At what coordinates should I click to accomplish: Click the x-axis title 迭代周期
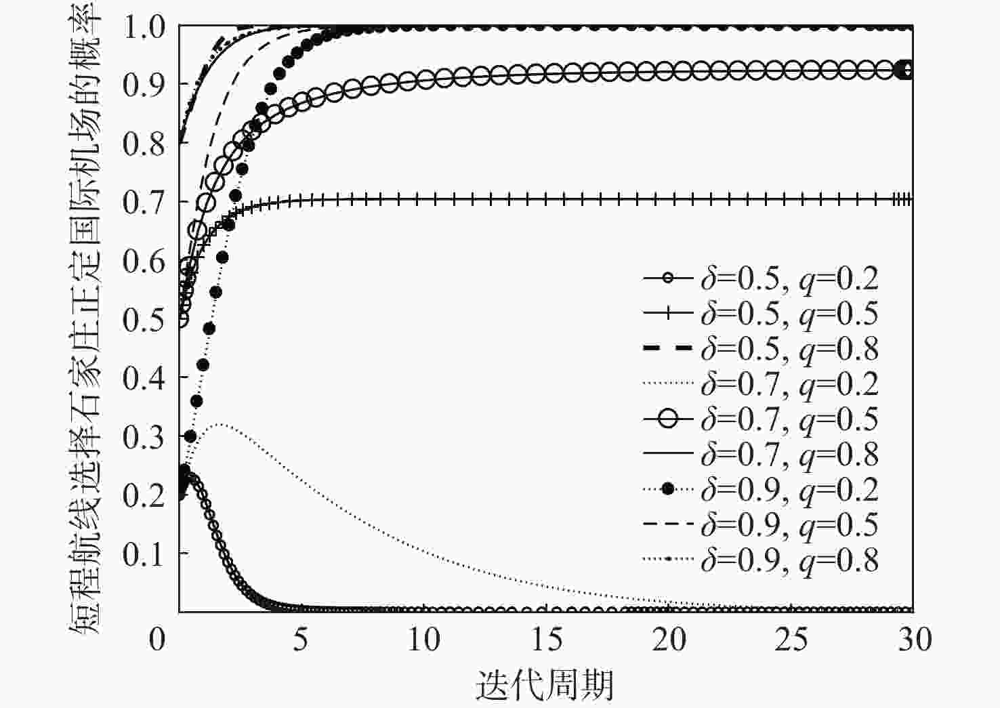coord(545,685)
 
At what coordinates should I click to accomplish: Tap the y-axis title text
coord(86,318)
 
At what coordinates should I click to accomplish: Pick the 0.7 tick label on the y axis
coord(144,202)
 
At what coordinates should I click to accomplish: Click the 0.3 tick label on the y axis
coord(144,437)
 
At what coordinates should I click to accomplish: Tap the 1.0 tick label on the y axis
coord(144,27)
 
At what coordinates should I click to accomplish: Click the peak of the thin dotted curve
coord(221,425)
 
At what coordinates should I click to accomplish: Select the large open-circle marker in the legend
coord(668,419)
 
